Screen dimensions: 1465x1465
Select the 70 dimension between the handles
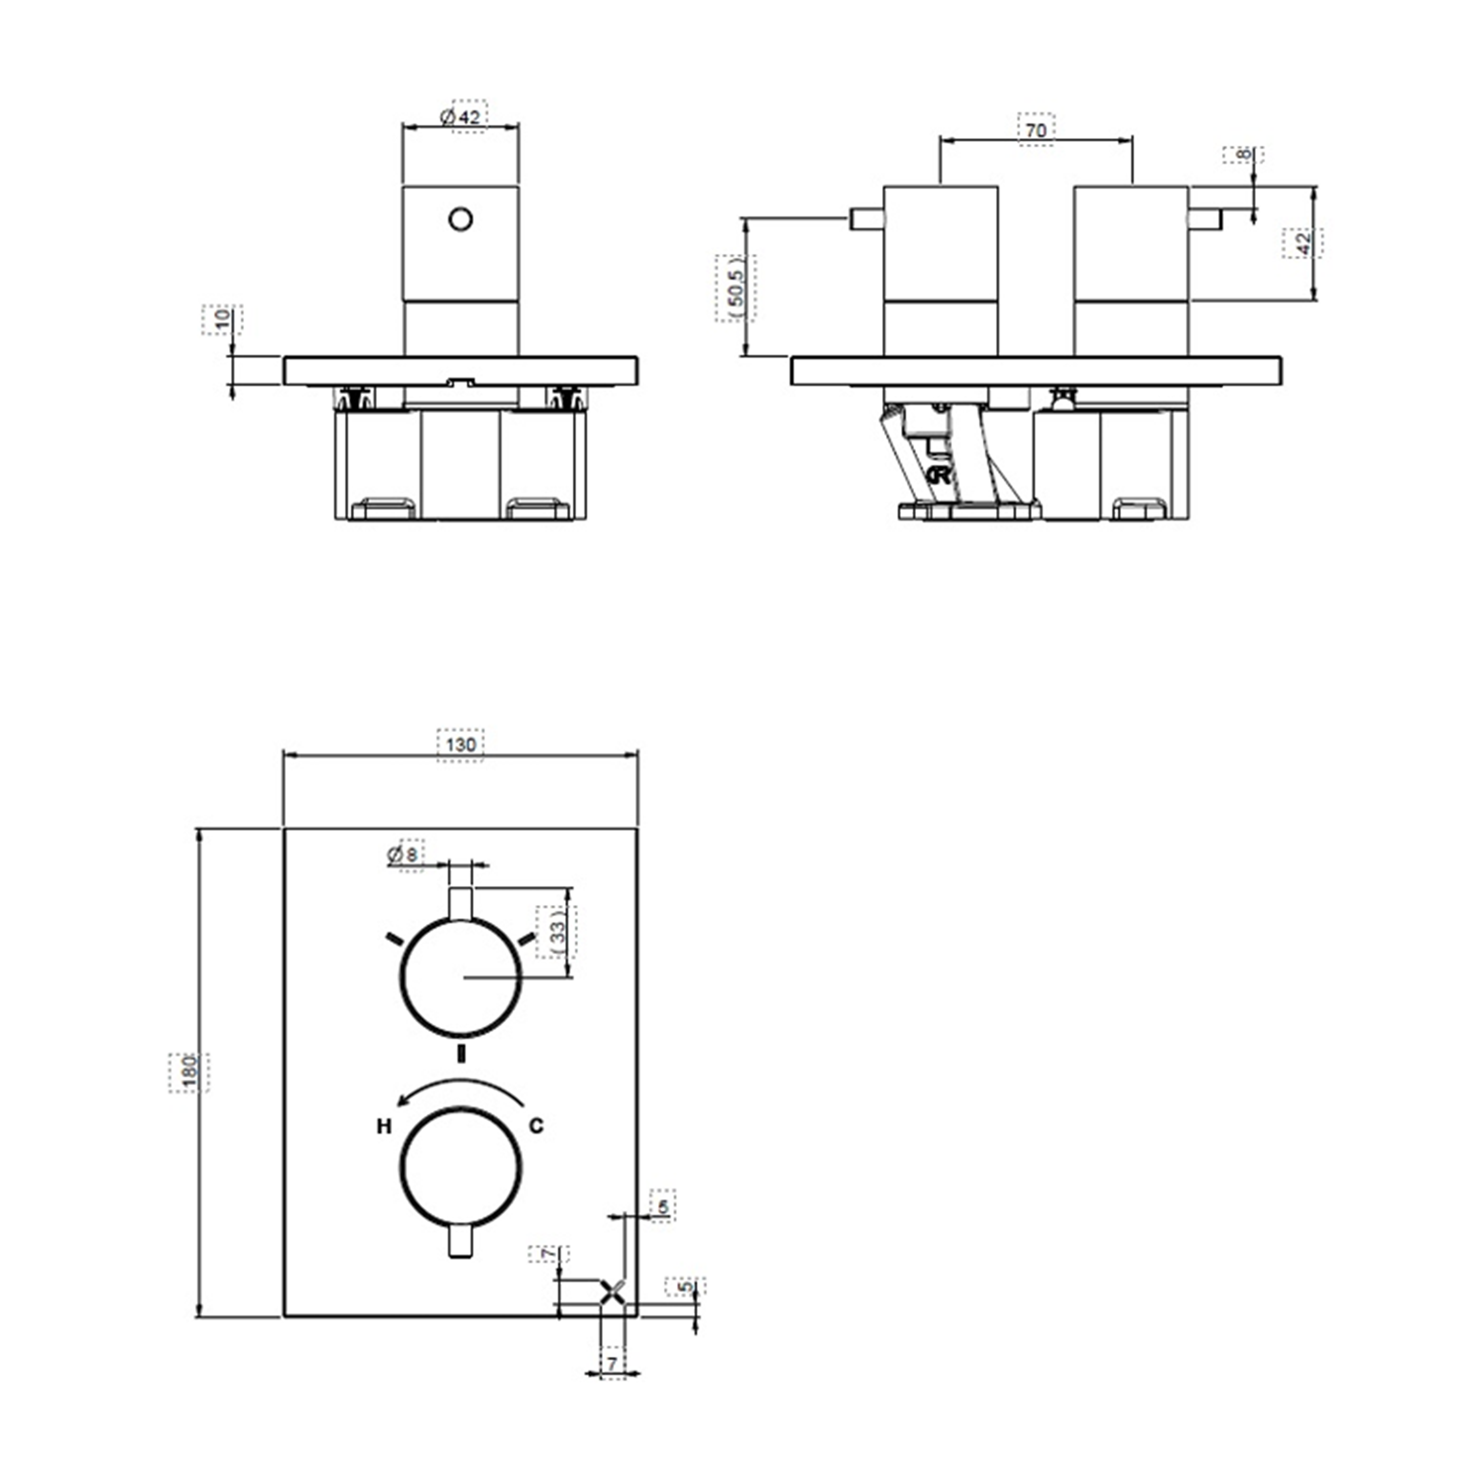1035,130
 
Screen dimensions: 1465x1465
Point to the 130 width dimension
460,745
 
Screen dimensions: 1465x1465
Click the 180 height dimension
189,1072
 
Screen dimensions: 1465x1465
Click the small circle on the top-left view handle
461,220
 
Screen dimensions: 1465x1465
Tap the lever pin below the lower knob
460,1241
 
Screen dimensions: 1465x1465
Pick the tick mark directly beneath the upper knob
460,1054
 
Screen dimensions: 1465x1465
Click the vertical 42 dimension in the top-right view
1303,243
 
